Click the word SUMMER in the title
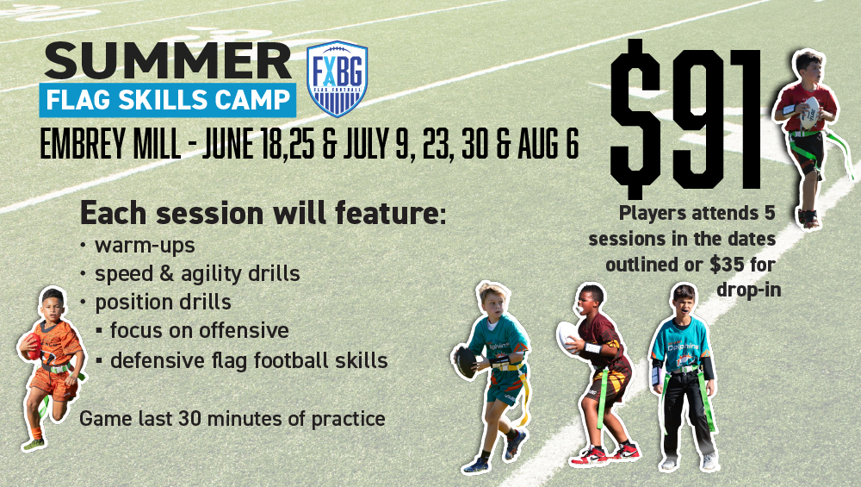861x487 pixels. [x=168, y=60]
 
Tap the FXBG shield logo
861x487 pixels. [x=337, y=78]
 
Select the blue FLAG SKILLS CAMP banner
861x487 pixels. [x=168, y=99]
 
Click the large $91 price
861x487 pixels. [x=686, y=118]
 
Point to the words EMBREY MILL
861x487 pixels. [x=110, y=145]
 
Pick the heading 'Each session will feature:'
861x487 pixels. [x=263, y=213]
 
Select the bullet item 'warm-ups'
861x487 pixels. [x=145, y=246]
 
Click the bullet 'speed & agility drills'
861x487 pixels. [x=197, y=274]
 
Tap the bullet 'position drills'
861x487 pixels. [x=163, y=303]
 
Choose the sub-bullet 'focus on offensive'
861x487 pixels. [x=200, y=330]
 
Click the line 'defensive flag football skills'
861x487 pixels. [x=249, y=360]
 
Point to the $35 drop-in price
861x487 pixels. [x=727, y=265]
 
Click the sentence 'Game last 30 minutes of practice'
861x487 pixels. [x=232, y=419]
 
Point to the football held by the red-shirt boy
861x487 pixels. [x=809, y=114]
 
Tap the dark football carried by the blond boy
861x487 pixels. [x=467, y=362]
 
